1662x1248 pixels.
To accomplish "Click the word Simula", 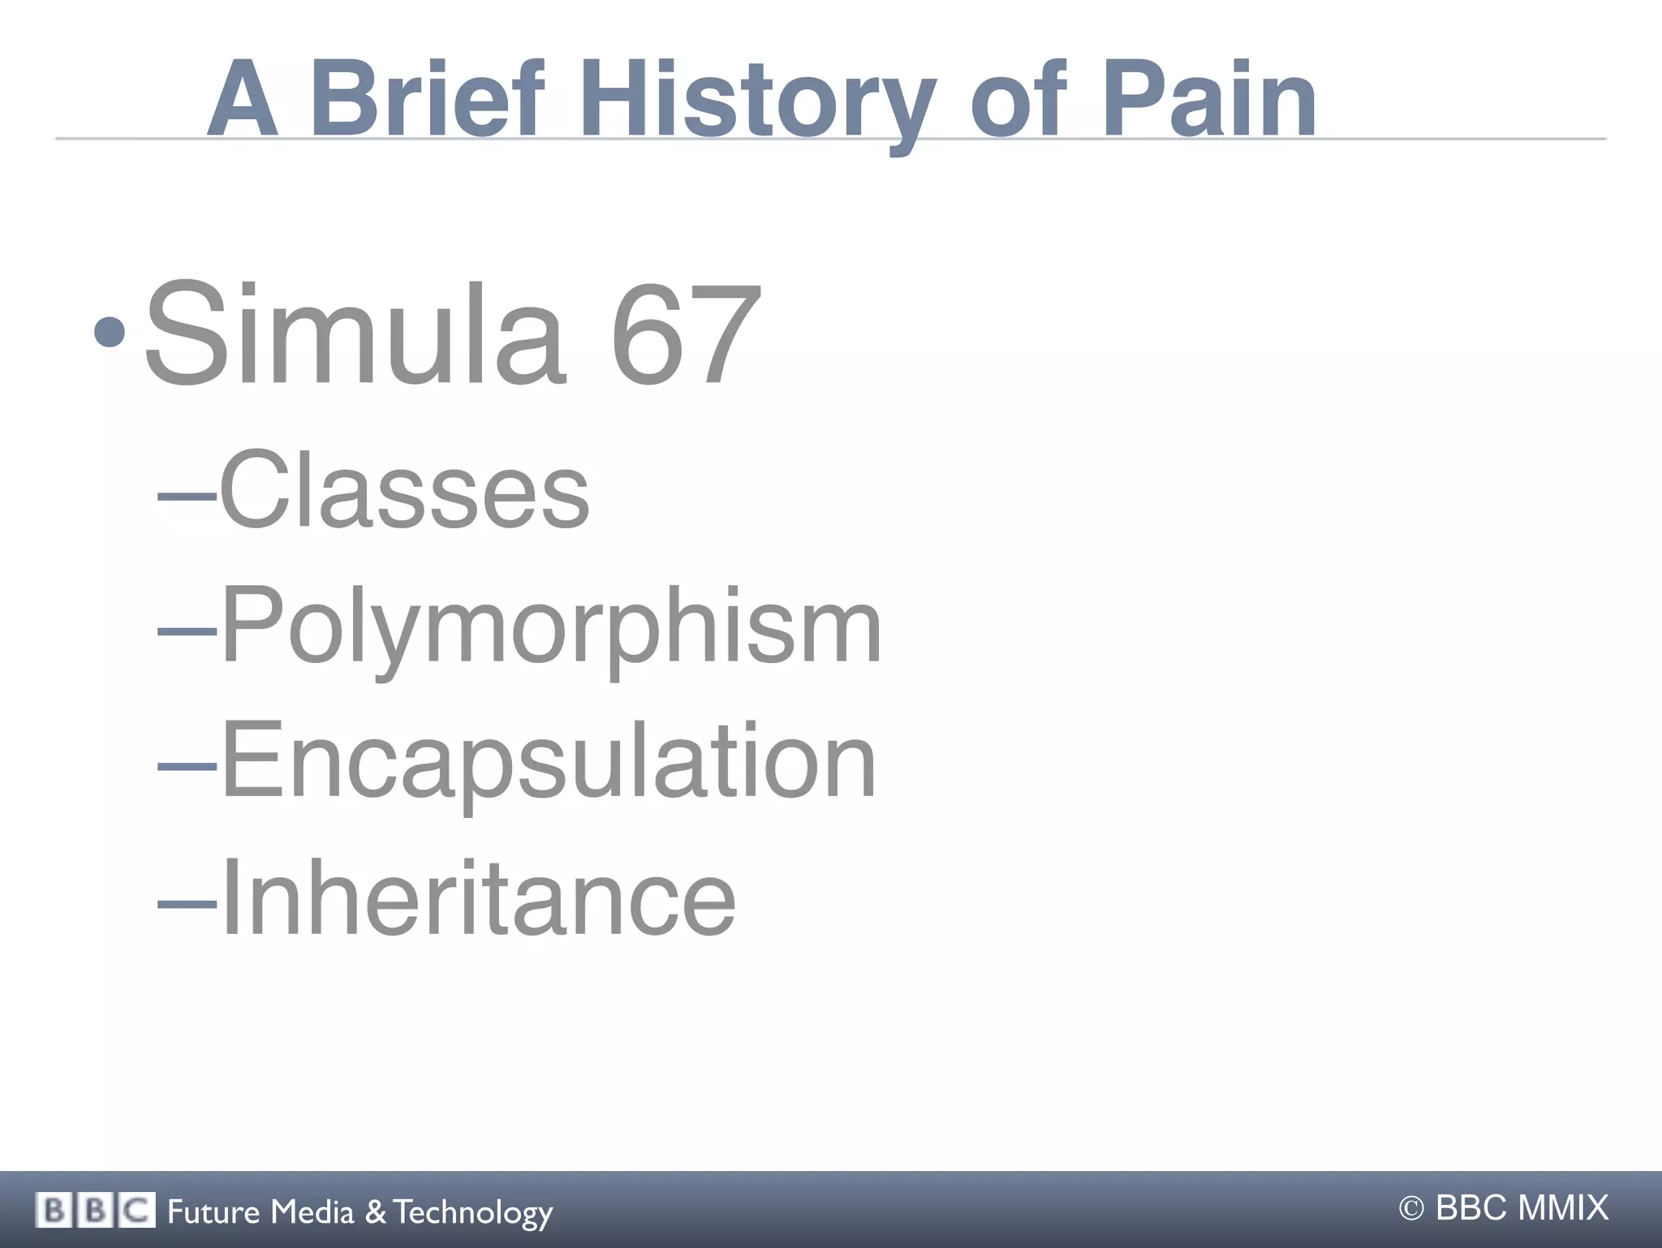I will (x=354, y=333).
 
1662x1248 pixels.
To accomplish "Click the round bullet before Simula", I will (x=110, y=332).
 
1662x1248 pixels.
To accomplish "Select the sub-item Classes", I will (x=404, y=491).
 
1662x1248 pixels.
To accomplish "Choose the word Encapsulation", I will (x=548, y=761).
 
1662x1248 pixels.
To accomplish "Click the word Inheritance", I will (x=478, y=897).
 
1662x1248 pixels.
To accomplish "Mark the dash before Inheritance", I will (x=187, y=900).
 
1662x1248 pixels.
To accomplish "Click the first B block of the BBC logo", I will (x=54, y=1211).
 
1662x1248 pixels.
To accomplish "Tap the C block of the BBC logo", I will (x=137, y=1211).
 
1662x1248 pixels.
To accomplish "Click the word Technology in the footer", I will (x=473, y=1212).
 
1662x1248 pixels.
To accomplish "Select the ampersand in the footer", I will (x=375, y=1211).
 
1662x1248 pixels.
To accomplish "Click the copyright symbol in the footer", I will (x=1411, y=1209).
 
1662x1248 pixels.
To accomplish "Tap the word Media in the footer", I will (x=312, y=1211).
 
